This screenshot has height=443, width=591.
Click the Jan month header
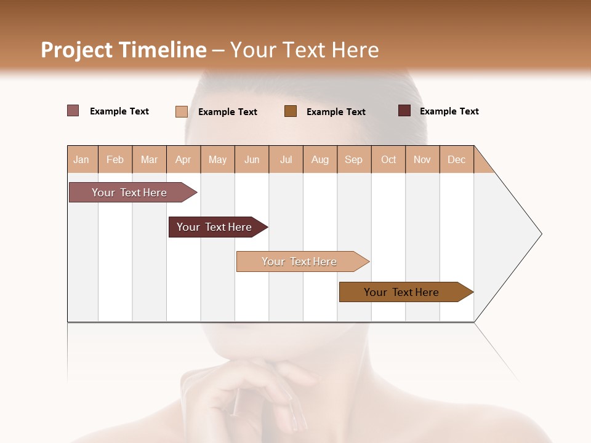point(82,159)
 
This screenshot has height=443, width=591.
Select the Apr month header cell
point(183,159)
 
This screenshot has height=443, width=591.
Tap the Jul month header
point(286,159)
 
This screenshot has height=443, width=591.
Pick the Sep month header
point(354,159)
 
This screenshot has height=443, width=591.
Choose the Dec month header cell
point(456,159)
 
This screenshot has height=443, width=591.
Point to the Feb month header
point(115,159)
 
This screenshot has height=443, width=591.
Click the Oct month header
point(388,159)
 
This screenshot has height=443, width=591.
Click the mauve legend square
point(73,111)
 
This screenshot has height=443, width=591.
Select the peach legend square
point(181,111)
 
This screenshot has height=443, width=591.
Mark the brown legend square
point(291,111)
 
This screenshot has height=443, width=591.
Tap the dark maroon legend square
point(404,111)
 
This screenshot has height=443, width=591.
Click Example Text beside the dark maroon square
point(449,111)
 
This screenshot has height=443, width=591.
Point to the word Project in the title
point(76,50)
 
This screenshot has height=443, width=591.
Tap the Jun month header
point(252,159)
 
